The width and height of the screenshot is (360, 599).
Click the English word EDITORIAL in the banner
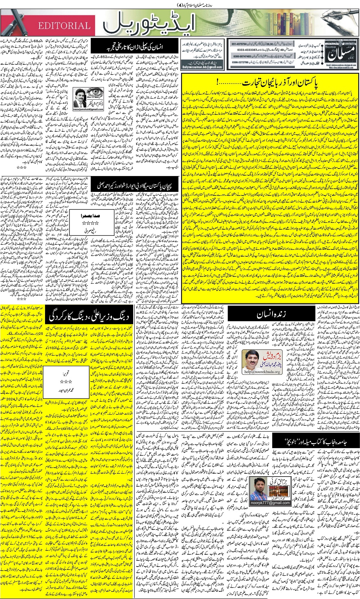pos(64,26)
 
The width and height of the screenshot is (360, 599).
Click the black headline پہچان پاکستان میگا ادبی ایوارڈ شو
pos(136,186)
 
